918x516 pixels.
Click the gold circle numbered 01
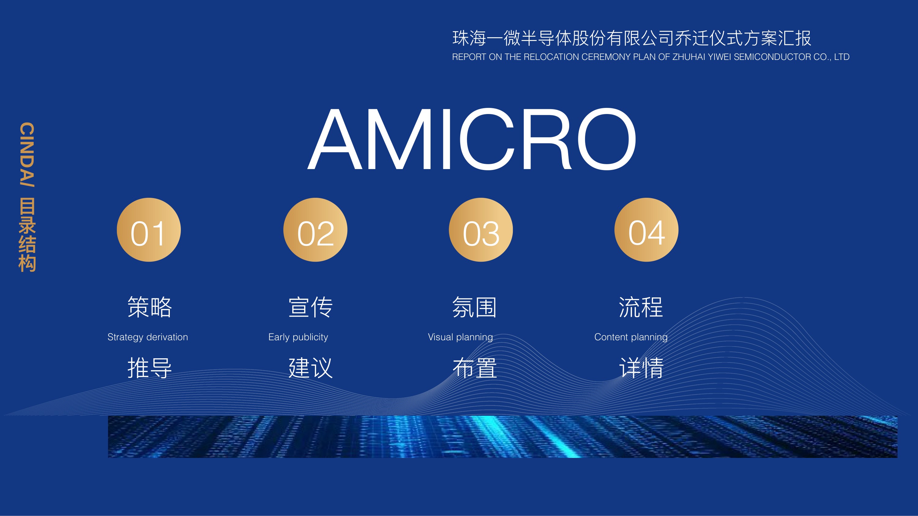(149, 230)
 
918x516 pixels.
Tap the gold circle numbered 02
(315, 230)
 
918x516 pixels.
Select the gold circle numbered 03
(481, 230)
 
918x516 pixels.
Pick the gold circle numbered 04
(647, 230)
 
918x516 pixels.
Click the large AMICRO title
(472, 139)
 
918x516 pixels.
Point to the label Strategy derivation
(147, 337)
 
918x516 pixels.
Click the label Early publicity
(298, 337)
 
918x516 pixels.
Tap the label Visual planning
(461, 337)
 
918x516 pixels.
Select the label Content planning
(631, 337)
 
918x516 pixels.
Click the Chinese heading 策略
(150, 307)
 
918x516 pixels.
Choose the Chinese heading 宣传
(311, 307)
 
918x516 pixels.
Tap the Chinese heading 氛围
(475, 307)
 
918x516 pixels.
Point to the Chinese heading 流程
(641, 307)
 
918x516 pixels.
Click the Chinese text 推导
(150, 368)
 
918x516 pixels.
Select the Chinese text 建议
(311, 368)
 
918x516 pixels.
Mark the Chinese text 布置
(475, 368)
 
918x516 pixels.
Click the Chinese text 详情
(641, 368)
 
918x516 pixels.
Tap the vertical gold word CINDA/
(27, 155)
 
